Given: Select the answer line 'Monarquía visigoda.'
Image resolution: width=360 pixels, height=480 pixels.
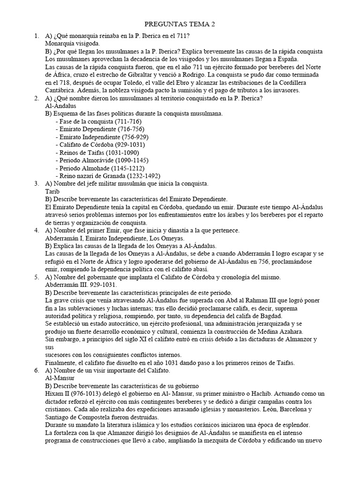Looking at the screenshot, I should [x=72, y=44].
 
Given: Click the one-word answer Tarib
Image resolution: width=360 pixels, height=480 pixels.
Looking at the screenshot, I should [x=52, y=192].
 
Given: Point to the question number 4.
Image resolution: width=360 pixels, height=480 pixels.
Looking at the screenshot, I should [x=37, y=230].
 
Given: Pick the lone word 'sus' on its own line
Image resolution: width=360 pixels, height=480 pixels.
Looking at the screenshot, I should [x=50, y=347].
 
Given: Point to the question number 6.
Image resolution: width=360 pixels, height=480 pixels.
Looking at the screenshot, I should [x=37, y=370].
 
